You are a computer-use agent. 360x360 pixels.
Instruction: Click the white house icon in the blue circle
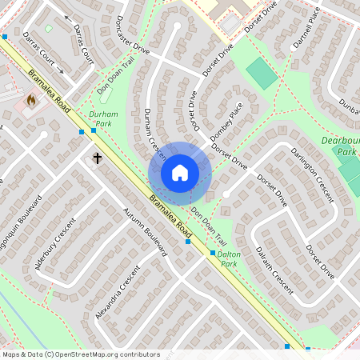[x=180, y=173]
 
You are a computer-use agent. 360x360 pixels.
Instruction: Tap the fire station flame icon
[x=31, y=102]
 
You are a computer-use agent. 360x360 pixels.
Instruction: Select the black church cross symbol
[x=98, y=158]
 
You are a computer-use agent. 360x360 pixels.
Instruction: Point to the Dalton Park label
[x=229, y=258]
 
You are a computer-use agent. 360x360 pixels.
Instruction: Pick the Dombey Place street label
[x=226, y=126]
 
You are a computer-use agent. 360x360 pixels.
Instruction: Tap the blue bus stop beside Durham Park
[x=82, y=132]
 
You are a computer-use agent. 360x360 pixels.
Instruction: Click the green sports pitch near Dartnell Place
[x=259, y=74]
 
